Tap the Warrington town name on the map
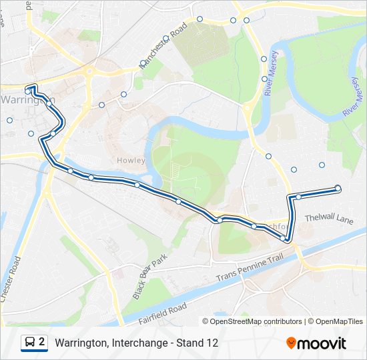tap(27, 99)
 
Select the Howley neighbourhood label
tap(126, 161)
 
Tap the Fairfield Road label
tap(162, 311)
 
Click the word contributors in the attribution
tap(282, 321)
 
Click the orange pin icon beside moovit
tap(291, 343)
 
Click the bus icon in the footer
tap(29, 343)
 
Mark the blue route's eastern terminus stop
tap(338, 189)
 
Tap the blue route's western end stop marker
tap(29, 89)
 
